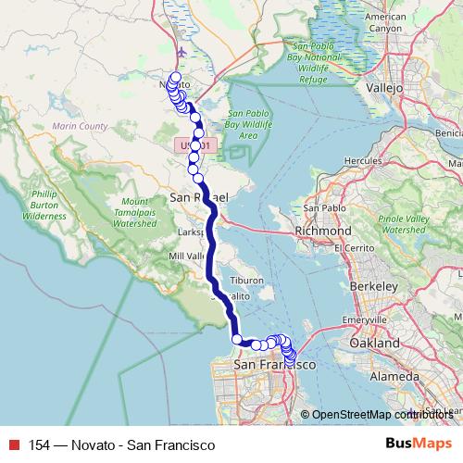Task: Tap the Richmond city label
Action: tap(322, 230)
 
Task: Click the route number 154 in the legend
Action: tap(40, 444)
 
